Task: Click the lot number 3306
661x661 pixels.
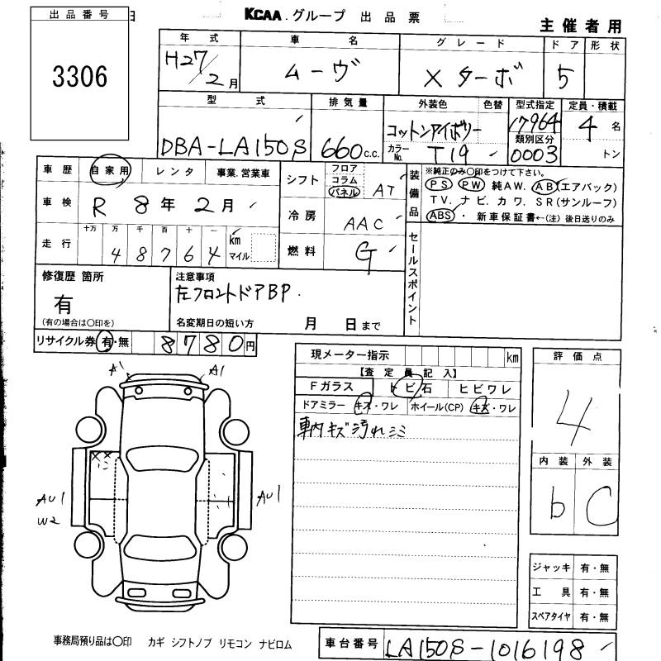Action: (80, 78)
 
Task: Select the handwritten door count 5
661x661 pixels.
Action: (568, 77)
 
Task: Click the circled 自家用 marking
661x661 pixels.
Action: (110, 170)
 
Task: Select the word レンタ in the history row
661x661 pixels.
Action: (175, 171)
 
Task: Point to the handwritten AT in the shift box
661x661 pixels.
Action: (383, 190)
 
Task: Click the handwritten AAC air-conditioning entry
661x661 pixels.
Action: (364, 222)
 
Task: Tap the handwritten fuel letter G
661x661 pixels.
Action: (362, 250)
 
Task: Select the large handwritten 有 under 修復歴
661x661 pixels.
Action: (63, 303)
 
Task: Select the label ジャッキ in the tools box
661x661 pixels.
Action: (553, 568)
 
